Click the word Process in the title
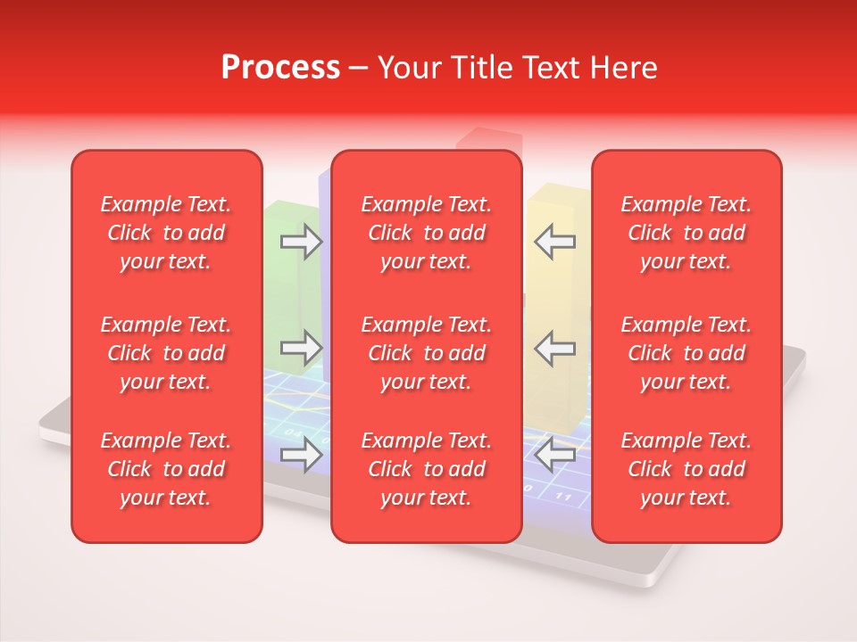pos(280,68)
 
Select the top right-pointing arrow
pos(301,242)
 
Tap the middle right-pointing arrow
pos(301,348)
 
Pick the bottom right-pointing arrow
pos(301,456)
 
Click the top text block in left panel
pos(166,233)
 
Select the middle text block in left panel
pos(166,353)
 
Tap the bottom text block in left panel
pos(166,469)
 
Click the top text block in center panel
pos(426,233)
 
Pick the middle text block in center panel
pos(426,353)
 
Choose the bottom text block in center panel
pos(426,469)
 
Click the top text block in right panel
pos(686,233)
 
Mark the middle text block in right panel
pos(686,353)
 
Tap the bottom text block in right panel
pos(686,469)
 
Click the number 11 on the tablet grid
pos(563,496)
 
